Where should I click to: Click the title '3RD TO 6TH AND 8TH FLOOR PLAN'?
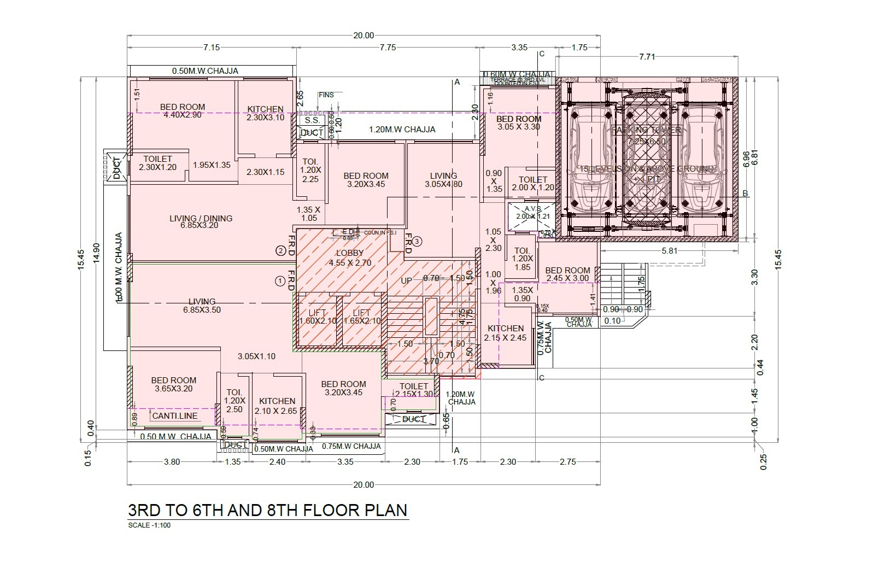pos(267,510)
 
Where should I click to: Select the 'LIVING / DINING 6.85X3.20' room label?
pos(201,221)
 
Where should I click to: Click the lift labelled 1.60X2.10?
pos(318,317)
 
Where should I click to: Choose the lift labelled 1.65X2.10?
pos(362,317)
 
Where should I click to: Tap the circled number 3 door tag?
pos(417,241)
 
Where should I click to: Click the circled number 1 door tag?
pos(280,281)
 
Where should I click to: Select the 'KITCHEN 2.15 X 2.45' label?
pos(506,333)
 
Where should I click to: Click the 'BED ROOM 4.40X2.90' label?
pos(183,111)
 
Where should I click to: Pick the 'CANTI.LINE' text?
pos(175,417)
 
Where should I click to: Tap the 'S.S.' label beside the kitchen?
pos(312,120)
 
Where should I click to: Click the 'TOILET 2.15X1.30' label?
pos(413,390)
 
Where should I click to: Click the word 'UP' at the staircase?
pos(407,280)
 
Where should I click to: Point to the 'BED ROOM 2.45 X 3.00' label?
pos(567,274)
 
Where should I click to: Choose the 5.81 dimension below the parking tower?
pos(669,251)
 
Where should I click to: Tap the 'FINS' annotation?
pos(326,95)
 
